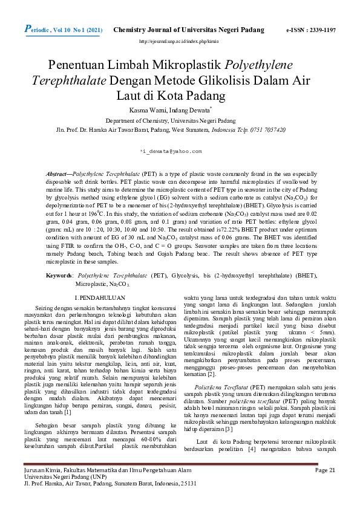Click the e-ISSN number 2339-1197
point(319,30)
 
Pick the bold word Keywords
point(61,275)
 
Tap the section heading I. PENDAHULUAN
point(99,298)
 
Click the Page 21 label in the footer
point(325,487)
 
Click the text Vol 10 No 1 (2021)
point(73,30)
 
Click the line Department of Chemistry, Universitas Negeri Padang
point(179,121)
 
